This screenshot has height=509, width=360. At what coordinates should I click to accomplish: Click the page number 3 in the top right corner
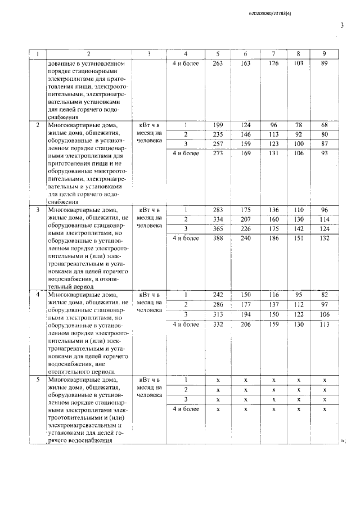click(x=342, y=25)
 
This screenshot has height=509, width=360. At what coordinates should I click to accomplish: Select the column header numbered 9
click(x=324, y=54)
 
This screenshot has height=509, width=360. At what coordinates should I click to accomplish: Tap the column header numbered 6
click(x=246, y=54)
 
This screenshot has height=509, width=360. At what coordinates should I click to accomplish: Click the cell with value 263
click(x=218, y=64)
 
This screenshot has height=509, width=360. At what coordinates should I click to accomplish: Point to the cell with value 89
click(x=324, y=64)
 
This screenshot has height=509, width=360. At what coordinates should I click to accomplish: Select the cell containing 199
click(x=218, y=124)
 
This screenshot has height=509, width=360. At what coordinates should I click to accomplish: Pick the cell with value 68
click(x=324, y=124)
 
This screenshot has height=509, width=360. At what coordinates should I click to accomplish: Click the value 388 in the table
click(x=218, y=238)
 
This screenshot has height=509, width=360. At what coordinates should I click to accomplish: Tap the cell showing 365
click(x=218, y=229)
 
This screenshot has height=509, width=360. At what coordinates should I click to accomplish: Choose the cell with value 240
click(x=246, y=238)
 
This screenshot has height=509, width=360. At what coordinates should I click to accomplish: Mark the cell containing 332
click(x=218, y=324)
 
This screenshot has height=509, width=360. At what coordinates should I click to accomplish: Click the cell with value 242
click(x=218, y=295)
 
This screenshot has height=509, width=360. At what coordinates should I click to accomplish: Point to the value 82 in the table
click(x=324, y=295)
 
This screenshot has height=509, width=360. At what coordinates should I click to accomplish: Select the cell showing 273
click(x=218, y=154)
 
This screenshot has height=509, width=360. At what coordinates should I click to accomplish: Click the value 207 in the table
click(x=246, y=219)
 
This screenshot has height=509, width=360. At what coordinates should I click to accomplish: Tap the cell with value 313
click(x=218, y=314)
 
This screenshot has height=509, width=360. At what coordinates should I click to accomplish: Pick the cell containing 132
click(x=324, y=238)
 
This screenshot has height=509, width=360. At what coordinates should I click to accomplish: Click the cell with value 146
click(x=246, y=134)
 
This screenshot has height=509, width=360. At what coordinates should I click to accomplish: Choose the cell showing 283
click(x=218, y=210)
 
